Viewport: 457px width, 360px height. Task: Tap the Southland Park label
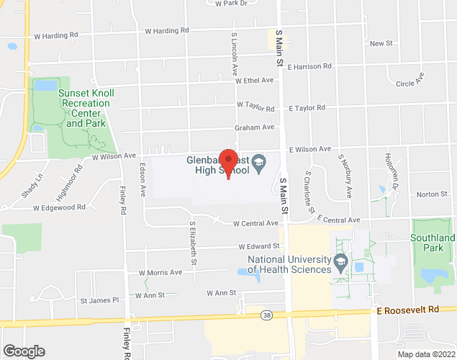tap(433, 243)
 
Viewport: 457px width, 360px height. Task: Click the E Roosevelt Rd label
tap(407, 309)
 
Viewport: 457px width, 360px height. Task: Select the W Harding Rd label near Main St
tap(166, 31)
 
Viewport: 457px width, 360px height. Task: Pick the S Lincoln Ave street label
tap(235, 53)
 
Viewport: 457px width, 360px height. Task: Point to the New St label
tap(381, 44)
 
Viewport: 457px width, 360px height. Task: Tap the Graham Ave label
tap(255, 127)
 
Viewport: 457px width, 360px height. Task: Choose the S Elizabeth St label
tap(194, 241)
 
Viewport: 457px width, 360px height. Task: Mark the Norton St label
tap(432, 194)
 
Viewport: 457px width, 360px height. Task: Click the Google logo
tap(23, 351)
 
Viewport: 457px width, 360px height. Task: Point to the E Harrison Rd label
tap(309, 66)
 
